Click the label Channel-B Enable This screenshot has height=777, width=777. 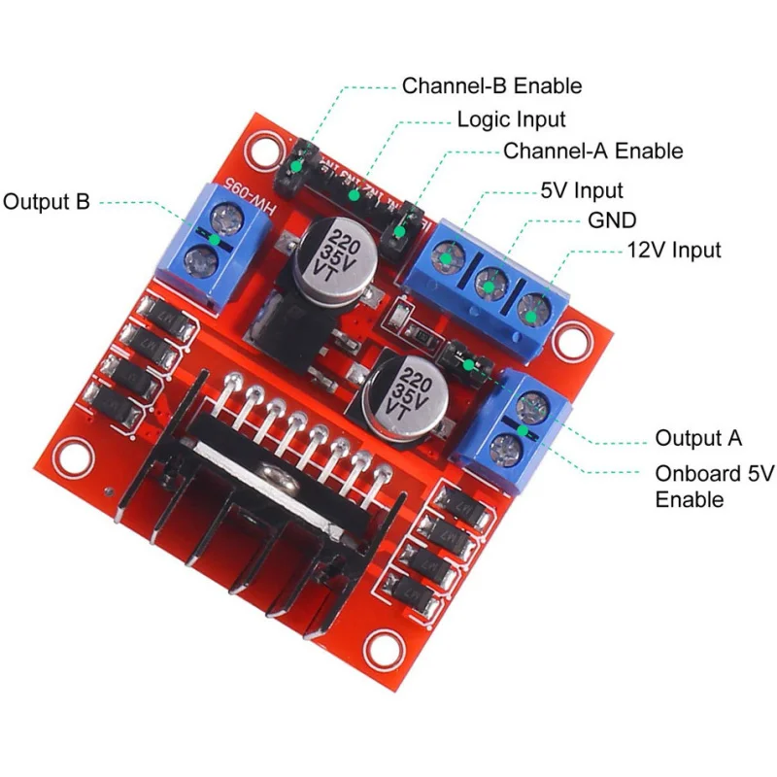(491, 85)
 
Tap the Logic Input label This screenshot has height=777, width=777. (511, 119)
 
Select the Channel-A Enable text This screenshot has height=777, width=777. (592, 152)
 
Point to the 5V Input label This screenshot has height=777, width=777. (580, 190)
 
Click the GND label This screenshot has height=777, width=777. (613, 220)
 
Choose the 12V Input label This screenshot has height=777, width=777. (672, 251)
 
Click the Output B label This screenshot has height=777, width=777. (47, 202)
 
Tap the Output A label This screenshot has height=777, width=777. (698, 438)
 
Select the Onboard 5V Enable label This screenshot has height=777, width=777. (714, 487)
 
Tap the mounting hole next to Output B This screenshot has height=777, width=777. (261, 150)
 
